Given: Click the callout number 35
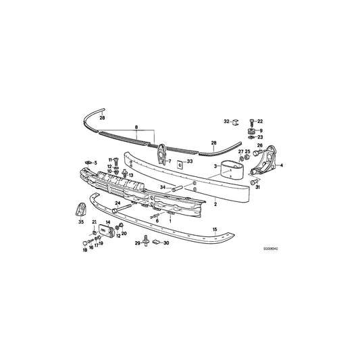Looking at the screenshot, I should tap(80, 221).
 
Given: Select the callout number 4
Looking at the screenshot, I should tap(281, 165).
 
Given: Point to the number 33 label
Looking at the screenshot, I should tap(190, 161).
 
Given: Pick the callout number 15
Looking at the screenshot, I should tap(215, 230).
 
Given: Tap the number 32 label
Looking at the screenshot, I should tap(227, 121).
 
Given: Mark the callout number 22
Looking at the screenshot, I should tap(260, 121).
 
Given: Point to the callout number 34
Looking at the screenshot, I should tap(162, 187).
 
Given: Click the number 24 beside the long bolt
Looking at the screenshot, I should tap(117, 203).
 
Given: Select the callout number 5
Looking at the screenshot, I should tap(95, 163).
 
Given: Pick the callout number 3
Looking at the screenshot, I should tap(215, 165).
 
